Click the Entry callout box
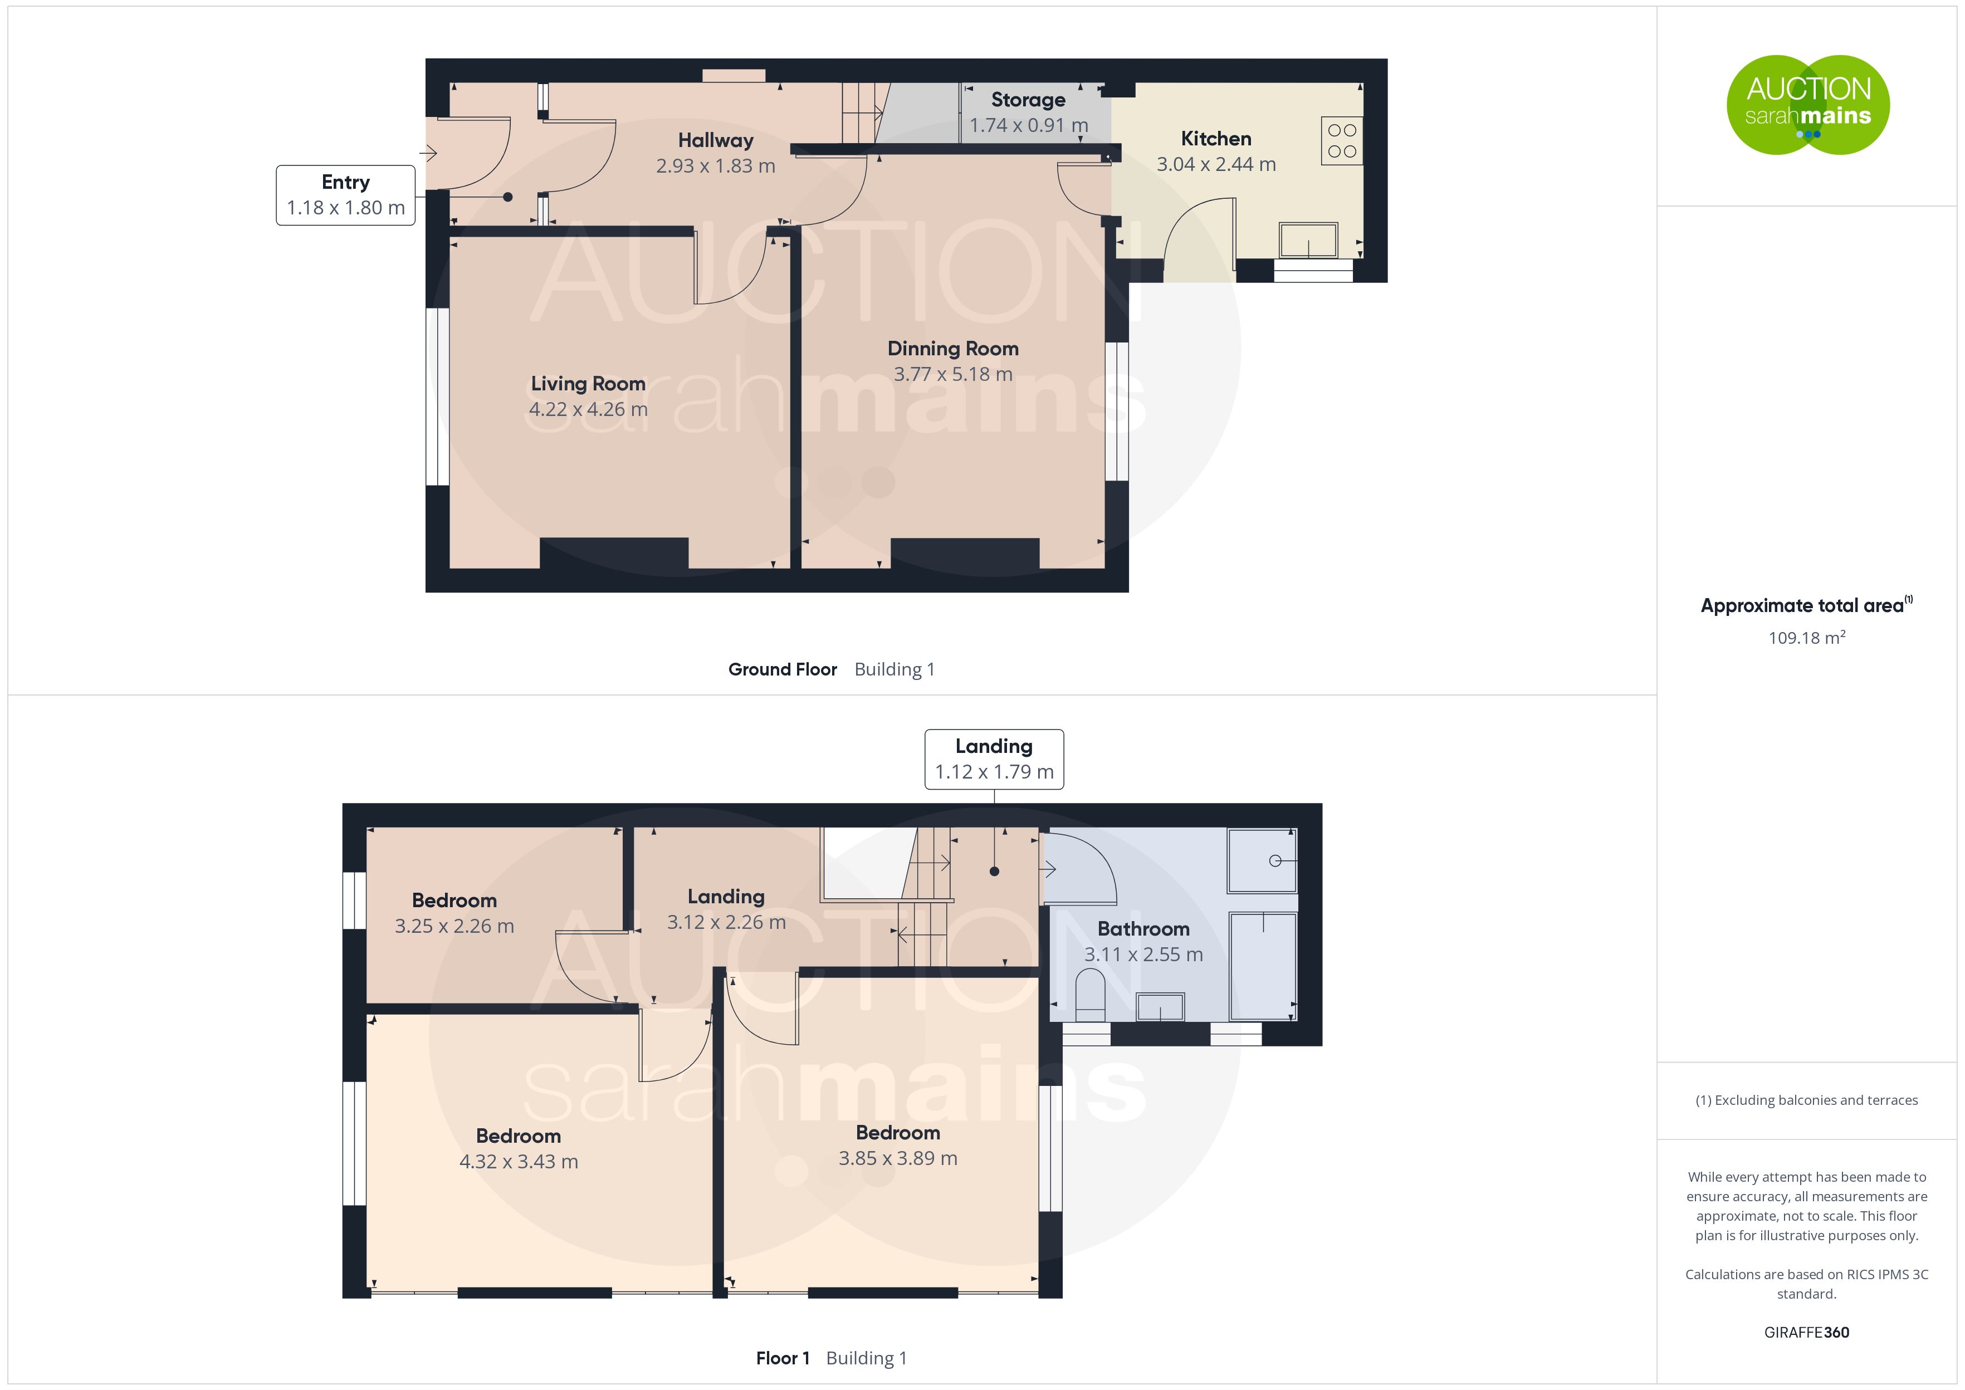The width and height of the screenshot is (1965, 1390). (x=346, y=195)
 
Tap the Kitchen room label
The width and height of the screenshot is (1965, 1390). (x=1216, y=139)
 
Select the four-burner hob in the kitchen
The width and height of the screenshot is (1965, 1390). (x=1342, y=140)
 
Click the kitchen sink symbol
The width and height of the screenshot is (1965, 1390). (x=1308, y=241)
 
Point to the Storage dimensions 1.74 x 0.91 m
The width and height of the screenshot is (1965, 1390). (x=1029, y=125)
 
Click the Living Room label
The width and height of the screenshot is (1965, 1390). (x=588, y=384)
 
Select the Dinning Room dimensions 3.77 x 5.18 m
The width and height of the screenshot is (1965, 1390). (x=954, y=374)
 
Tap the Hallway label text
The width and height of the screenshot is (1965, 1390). (x=716, y=140)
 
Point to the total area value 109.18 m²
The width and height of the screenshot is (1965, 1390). (x=1807, y=638)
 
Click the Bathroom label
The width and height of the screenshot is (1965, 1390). (x=1143, y=929)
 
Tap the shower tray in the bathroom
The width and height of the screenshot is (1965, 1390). (x=1262, y=860)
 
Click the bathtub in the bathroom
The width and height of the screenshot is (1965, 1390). (x=1263, y=966)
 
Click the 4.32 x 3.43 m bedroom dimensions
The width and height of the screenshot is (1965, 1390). (x=519, y=1162)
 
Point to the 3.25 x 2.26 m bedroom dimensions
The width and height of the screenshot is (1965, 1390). (x=454, y=926)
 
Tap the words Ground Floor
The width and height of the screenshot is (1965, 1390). (x=782, y=669)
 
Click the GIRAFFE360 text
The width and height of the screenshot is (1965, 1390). (x=1807, y=1333)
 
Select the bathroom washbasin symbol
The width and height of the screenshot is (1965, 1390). (x=1161, y=1006)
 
